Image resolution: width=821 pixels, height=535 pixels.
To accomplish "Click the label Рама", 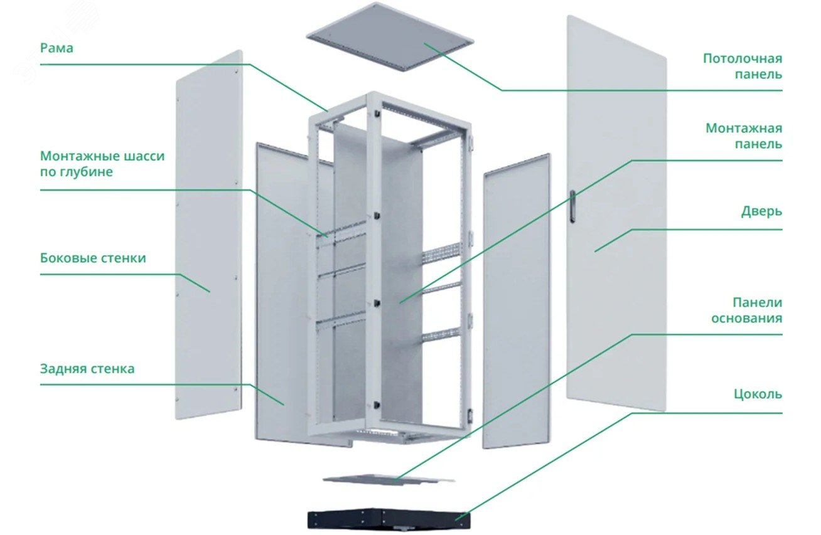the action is (56, 48).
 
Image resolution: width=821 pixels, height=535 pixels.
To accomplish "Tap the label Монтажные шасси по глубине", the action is (102, 164).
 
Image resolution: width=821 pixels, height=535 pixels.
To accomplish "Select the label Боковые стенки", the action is (93, 258).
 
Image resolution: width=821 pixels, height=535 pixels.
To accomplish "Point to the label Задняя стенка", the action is (87, 368).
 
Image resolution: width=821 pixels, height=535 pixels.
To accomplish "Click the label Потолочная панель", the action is (743, 66).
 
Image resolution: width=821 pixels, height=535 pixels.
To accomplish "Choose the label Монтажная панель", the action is (744, 136).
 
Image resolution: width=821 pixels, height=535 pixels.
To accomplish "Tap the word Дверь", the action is (762, 211).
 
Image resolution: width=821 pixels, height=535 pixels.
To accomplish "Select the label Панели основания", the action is (747, 310).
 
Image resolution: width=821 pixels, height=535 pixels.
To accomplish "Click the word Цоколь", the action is (758, 394).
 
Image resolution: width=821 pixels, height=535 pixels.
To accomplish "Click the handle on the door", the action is (572, 206).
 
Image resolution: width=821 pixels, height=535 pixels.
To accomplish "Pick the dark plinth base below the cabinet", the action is (389, 519).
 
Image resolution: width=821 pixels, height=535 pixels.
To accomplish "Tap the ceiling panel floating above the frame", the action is (390, 36).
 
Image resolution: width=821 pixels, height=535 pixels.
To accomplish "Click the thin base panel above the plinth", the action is (389, 480).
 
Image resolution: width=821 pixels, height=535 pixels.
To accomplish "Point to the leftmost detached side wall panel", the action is (209, 235).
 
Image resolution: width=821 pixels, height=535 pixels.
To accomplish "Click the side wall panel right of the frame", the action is (517, 300).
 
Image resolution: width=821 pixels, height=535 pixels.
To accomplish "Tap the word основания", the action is (747, 318).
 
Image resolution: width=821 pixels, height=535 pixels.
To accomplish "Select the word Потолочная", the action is (743, 58).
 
